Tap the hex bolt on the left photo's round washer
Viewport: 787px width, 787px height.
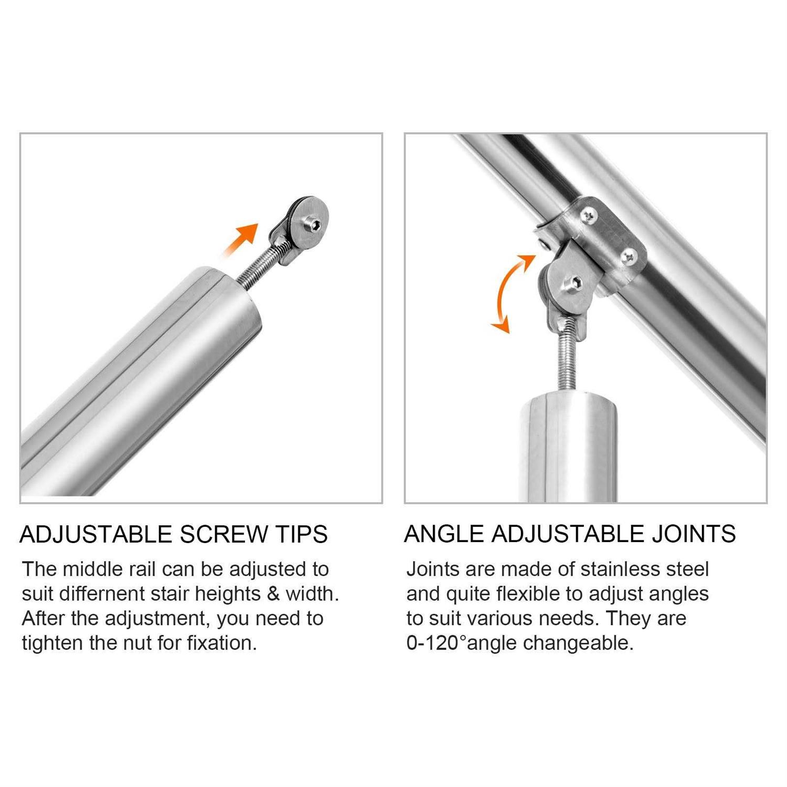point(315,225)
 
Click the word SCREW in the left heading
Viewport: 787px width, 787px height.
point(224,535)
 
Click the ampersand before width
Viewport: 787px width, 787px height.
point(273,594)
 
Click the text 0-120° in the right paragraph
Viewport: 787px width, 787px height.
point(436,643)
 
